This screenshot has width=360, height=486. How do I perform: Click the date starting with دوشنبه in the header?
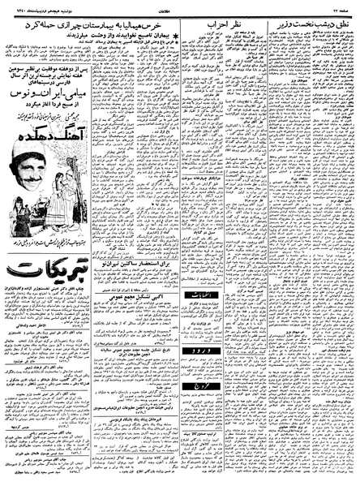click(x=33, y=9)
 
